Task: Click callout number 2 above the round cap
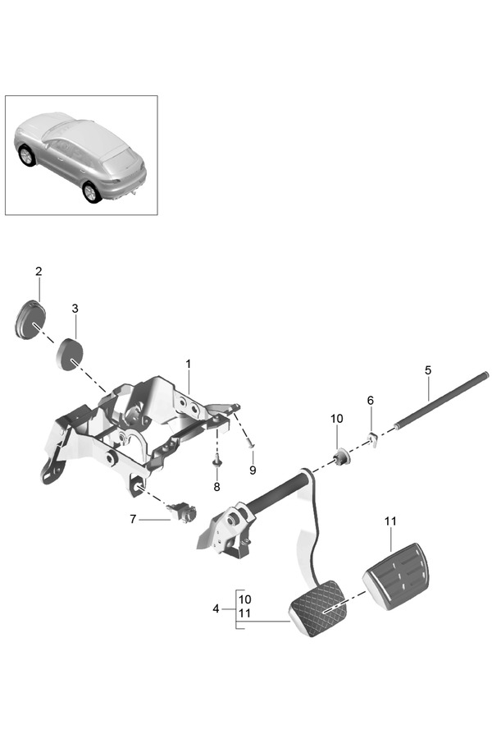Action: tap(39, 271)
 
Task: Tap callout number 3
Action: tap(75, 309)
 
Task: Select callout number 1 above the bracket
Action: tap(188, 363)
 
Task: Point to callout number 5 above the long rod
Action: tap(428, 370)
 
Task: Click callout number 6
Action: tap(370, 400)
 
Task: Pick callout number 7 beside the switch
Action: tap(132, 519)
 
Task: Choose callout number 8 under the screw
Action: tap(216, 486)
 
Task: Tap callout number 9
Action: tap(253, 470)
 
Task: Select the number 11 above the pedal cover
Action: tap(390, 521)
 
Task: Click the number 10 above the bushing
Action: tap(336, 419)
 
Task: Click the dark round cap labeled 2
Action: tap(30, 321)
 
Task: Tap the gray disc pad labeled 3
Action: tap(70, 356)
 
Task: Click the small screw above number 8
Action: tap(217, 463)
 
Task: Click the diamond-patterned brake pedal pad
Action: tap(318, 608)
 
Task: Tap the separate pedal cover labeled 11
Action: tap(398, 575)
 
